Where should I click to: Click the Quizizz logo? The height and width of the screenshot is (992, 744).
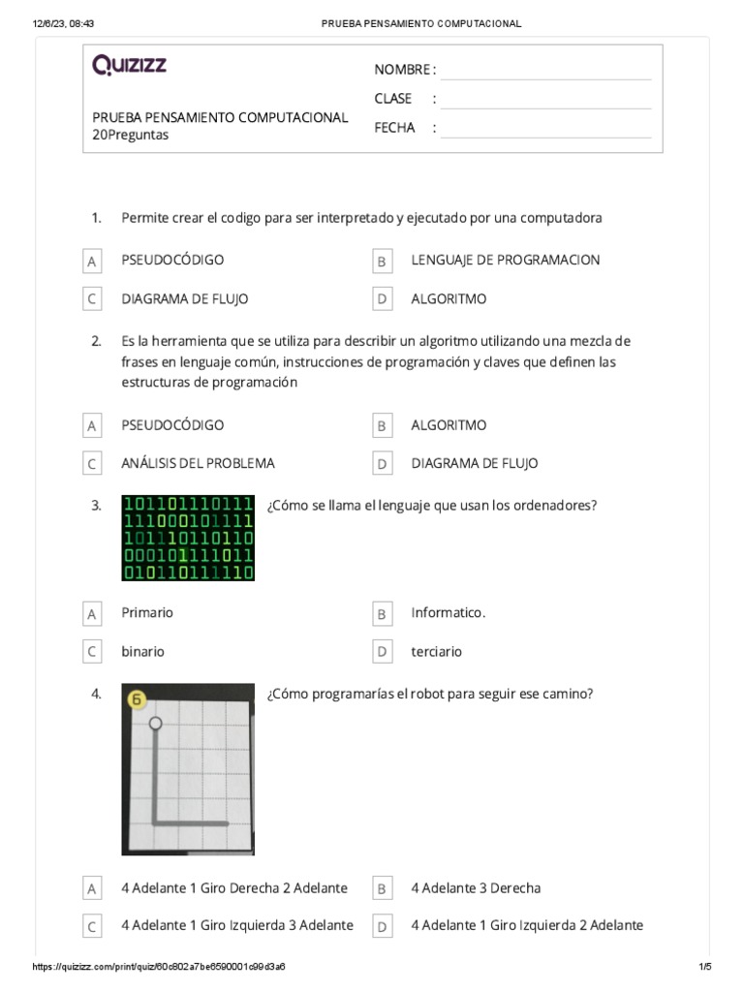tap(129, 65)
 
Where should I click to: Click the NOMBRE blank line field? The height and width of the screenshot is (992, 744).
tap(545, 70)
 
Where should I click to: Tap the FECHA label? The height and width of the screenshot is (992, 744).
tap(394, 128)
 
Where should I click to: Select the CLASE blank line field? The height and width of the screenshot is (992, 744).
tap(545, 99)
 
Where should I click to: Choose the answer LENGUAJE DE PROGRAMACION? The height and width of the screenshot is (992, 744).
tap(505, 260)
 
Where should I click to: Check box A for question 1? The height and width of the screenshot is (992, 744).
tap(92, 262)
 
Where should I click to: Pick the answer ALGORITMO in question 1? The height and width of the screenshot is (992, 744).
tap(449, 299)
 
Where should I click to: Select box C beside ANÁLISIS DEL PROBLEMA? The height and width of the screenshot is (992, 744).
tap(92, 464)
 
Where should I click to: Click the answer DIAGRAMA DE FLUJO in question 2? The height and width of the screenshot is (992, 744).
tap(474, 463)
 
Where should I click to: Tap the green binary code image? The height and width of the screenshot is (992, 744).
tap(188, 538)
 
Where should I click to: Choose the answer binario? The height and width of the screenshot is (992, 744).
tap(142, 652)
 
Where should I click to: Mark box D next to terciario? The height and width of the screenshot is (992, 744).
tap(383, 652)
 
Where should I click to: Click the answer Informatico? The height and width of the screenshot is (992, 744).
tap(448, 613)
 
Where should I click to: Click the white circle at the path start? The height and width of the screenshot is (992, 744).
tap(156, 723)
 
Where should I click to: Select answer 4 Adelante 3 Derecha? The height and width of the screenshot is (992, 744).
tap(476, 888)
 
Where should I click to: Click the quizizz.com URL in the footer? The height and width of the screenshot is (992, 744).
tap(158, 968)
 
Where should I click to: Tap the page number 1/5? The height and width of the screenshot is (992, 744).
tap(704, 968)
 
